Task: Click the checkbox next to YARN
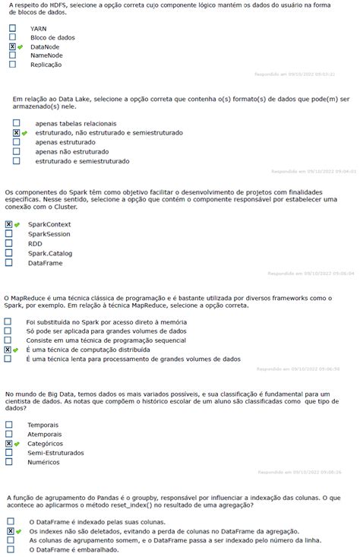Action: (x=12, y=28)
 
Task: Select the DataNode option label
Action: (x=45, y=46)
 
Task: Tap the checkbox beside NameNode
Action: (x=12, y=55)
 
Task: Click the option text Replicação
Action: (x=46, y=65)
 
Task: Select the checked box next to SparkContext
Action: (x=9, y=225)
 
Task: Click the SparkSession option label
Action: (x=50, y=234)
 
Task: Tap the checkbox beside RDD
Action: (x=9, y=243)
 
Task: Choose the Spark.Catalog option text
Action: (x=50, y=253)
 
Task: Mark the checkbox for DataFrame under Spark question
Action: (x=9, y=262)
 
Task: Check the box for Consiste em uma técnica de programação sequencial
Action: (x=8, y=341)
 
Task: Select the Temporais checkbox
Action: (x=9, y=425)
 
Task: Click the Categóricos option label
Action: (x=46, y=443)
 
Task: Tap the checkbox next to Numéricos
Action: (x=9, y=461)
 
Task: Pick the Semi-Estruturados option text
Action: (x=55, y=452)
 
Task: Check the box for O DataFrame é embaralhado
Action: (x=11, y=549)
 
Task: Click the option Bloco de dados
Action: (x=52, y=37)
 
